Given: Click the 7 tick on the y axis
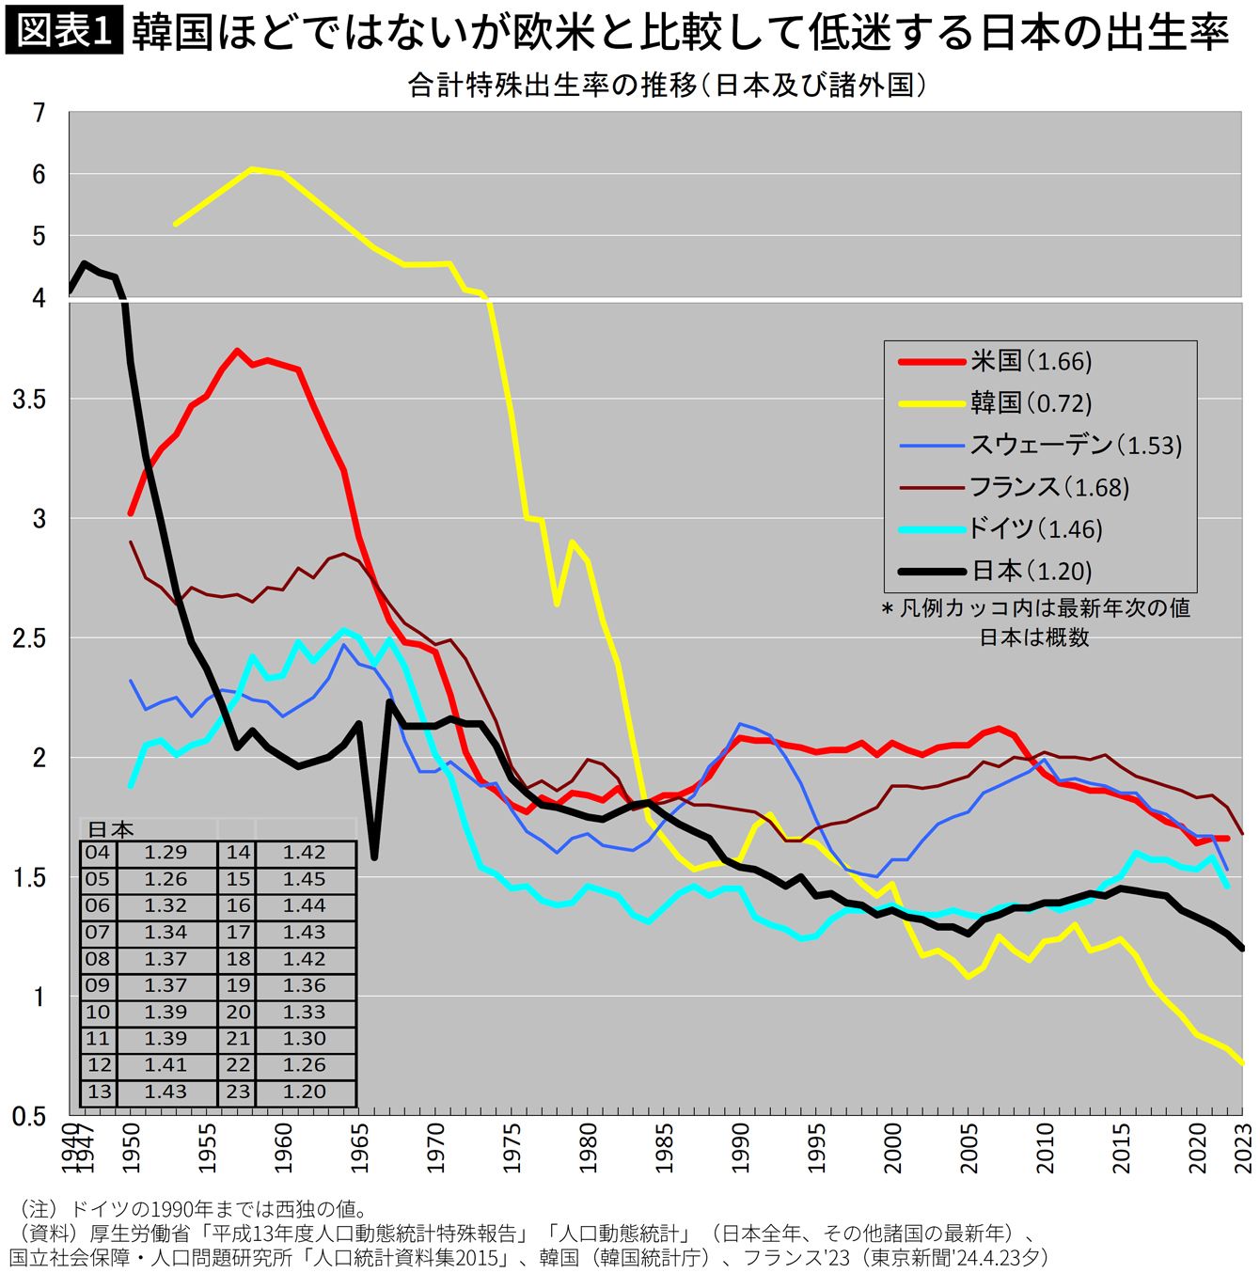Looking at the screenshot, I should (x=39, y=114).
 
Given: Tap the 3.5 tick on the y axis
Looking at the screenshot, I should (x=29, y=400).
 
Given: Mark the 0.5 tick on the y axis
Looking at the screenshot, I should (x=29, y=1116).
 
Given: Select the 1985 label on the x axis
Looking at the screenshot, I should (x=665, y=1148).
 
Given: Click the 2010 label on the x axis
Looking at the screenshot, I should (x=1046, y=1148).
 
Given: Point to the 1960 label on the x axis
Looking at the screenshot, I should (x=284, y=1148).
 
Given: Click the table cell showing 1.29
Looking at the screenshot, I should (x=165, y=853).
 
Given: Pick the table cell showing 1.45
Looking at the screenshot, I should (x=304, y=879).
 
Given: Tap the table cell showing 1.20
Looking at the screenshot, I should (x=304, y=1092).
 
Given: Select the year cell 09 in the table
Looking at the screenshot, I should (x=98, y=985).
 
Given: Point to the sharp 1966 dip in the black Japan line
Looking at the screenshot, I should (x=374, y=856).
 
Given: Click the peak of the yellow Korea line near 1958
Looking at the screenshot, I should (x=252, y=169).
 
